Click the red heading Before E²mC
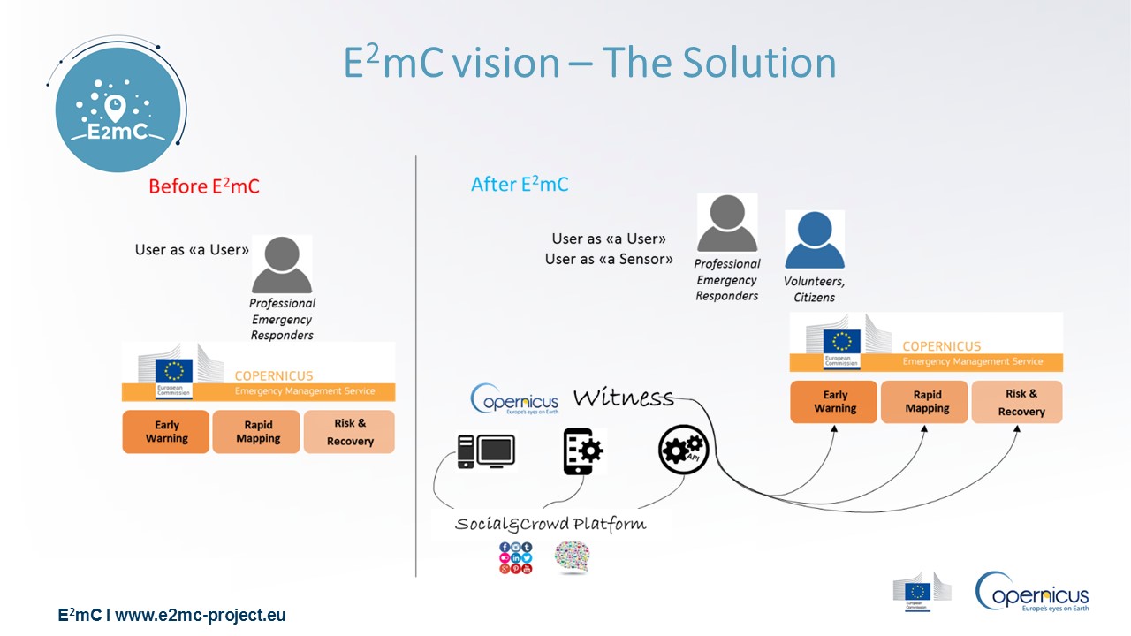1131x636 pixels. click(x=204, y=186)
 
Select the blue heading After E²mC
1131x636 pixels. click(x=520, y=185)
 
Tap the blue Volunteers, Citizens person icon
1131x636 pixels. click(x=815, y=239)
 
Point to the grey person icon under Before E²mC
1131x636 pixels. click(x=282, y=264)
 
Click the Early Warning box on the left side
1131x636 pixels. click(x=166, y=432)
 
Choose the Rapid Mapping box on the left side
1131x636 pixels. click(x=258, y=432)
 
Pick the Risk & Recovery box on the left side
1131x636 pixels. click(x=350, y=432)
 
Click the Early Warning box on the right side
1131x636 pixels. click(x=834, y=402)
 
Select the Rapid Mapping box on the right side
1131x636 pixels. click(x=926, y=402)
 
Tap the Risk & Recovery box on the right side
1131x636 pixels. click(x=1018, y=403)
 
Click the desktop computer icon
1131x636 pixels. click(x=486, y=451)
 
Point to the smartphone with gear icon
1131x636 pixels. click(x=583, y=451)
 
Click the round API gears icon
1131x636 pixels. click(x=682, y=450)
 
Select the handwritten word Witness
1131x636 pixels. click(x=623, y=398)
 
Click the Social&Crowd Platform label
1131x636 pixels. click(x=550, y=524)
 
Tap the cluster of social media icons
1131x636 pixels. click(x=516, y=558)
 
